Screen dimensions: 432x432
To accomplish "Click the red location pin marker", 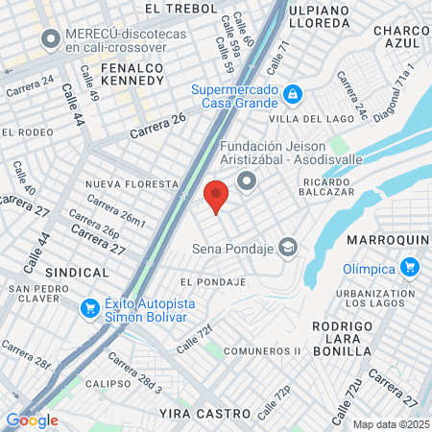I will (x=216, y=195).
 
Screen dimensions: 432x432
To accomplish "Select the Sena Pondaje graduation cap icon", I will (x=287, y=248).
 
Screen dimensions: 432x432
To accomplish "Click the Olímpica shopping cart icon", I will (x=411, y=266).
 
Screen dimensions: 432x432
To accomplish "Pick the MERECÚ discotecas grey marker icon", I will (x=50, y=39).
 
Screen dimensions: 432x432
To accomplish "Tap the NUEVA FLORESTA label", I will (x=132, y=183).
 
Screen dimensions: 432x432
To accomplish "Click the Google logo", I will (x=32, y=420).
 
